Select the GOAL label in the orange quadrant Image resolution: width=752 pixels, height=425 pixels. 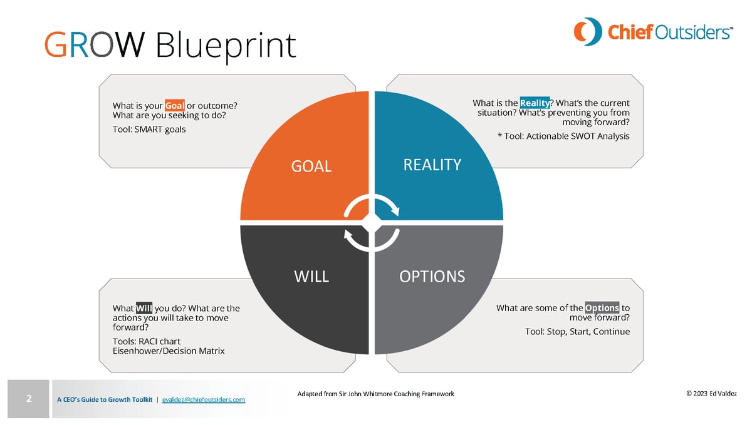pos(311,166)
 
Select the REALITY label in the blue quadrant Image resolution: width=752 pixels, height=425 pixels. pos(432,165)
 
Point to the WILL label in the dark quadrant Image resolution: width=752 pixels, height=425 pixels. pos(311,277)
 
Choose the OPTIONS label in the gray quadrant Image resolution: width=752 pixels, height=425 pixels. pos(432,276)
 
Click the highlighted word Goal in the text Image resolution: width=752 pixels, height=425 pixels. pos(174,105)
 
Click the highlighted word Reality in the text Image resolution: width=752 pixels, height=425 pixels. pos(535,103)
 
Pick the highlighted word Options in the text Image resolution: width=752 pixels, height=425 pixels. pos(602,307)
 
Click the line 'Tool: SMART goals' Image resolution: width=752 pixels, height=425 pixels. pos(149,130)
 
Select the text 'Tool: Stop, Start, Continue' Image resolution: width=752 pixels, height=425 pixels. pos(577,331)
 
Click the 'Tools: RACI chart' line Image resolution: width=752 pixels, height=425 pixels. pos(147,341)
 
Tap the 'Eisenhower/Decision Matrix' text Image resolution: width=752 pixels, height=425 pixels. pos(168,351)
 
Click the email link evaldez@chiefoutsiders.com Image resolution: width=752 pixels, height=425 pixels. pos(203,399)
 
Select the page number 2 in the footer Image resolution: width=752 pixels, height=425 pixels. pos(29,398)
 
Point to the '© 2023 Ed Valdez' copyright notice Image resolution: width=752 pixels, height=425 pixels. pos(711,394)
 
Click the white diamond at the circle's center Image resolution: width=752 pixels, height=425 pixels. pos(372,222)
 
